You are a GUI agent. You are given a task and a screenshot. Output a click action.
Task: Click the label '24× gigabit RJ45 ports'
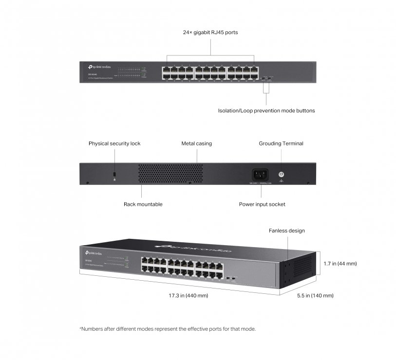tap(210, 33)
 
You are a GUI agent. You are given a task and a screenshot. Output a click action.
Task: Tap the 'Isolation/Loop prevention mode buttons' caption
tap(266, 111)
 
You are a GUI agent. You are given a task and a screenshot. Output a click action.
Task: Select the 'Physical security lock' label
tap(114, 144)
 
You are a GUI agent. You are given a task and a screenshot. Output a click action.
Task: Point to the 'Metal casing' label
tap(197, 144)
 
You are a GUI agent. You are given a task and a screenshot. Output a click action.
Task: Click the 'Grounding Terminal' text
tap(281, 144)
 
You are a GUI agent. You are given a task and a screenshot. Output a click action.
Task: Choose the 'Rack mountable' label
tap(143, 204)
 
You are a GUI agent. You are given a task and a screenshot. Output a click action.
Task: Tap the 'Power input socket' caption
tap(262, 204)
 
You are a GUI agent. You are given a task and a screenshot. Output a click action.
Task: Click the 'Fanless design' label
tap(287, 231)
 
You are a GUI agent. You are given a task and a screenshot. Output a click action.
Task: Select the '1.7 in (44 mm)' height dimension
tap(340, 264)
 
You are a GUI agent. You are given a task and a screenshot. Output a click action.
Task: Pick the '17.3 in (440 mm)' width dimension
tap(188, 296)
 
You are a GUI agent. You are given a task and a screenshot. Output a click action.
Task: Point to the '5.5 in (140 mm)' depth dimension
tap(316, 296)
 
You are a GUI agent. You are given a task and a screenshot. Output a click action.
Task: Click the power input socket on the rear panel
tap(259, 174)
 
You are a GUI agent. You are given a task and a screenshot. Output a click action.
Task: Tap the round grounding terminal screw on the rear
tap(281, 174)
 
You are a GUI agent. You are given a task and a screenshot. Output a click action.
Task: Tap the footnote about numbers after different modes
tap(167, 329)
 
